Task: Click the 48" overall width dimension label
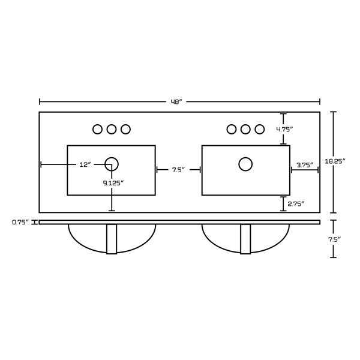tap(176, 102)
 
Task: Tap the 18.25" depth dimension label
tap(335, 161)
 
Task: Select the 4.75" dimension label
tap(284, 129)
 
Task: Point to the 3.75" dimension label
tap(305, 165)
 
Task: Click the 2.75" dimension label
tap(296, 203)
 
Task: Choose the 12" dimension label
tap(85, 164)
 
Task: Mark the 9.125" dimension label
tap(113, 183)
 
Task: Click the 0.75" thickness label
tap(20, 222)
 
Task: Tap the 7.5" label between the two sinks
tap(179, 170)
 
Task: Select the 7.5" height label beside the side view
tap(334, 239)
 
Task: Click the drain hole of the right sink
tap(245, 164)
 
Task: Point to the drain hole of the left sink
tap(112, 164)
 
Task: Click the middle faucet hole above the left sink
tap(112, 129)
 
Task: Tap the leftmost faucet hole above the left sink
tap(97, 129)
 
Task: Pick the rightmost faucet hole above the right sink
tap(259, 129)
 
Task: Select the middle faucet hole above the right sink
tap(245, 129)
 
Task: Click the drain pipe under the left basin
tap(112, 239)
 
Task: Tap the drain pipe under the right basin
tap(245, 239)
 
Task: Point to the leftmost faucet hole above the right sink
tap(232, 129)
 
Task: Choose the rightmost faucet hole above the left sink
tap(125, 129)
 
